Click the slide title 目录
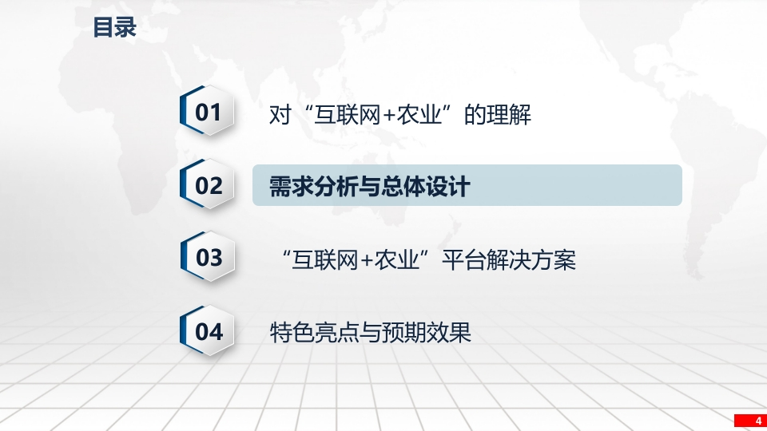(x=114, y=27)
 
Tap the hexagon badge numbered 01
(x=208, y=111)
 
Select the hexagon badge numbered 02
(x=208, y=184)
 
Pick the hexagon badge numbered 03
(x=208, y=257)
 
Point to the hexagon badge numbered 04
(x=208, y=330)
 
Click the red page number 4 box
(x=750, y=421)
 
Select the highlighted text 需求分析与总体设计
(x=370, y=186)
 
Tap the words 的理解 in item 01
(x=498, y=114)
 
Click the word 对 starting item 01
(x=280, y=114)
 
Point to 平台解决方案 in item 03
(x=509, y=259)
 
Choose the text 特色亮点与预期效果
(x=370, y=332)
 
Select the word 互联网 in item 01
(x=348, y=114)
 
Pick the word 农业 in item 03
(x=397, y=259)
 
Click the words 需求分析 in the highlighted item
(x=313, y=186)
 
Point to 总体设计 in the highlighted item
(x=426, y=186)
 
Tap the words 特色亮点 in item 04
(x=314, y=332)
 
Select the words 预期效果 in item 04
(x=427, y=332)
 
